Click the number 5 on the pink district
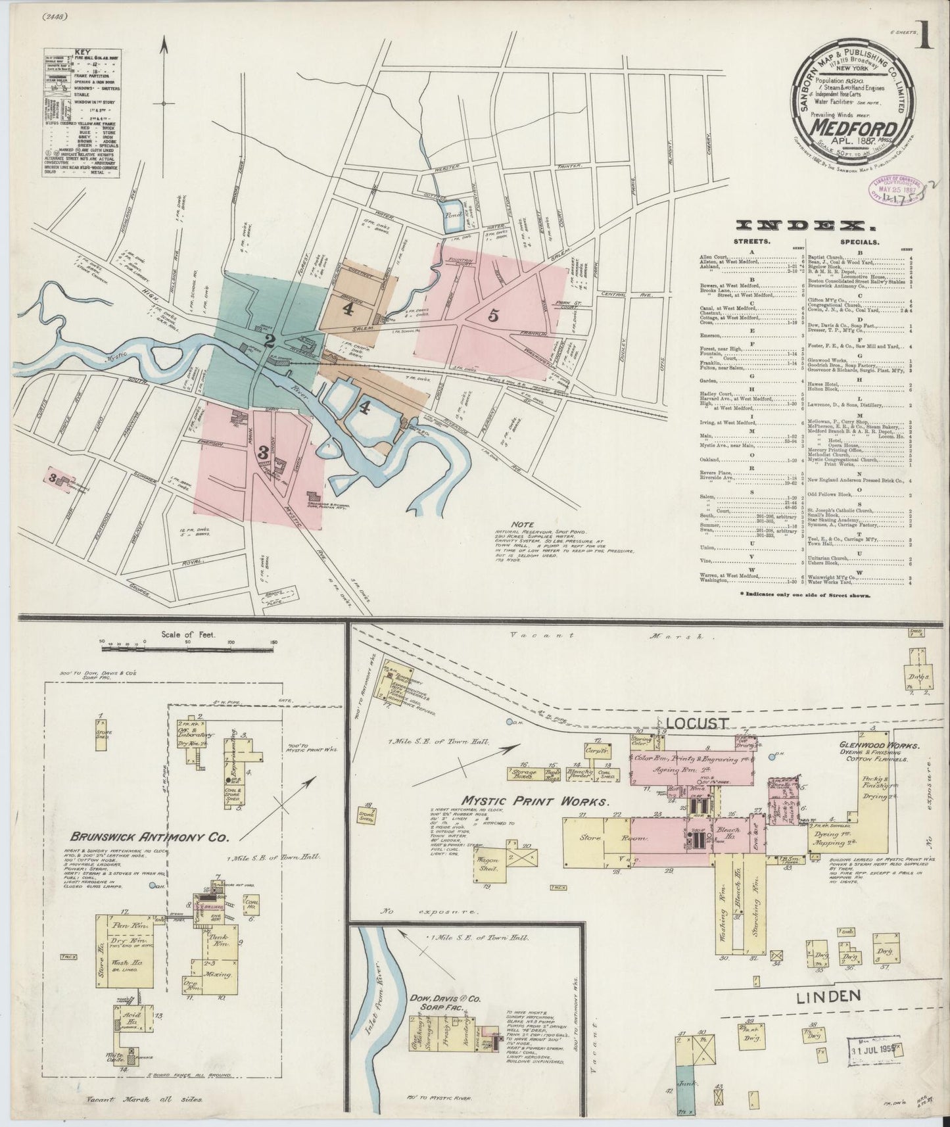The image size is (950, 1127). tap(493, 316)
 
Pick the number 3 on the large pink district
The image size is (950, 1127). tap(262, 452)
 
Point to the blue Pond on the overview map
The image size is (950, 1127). tap(450, 212)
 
